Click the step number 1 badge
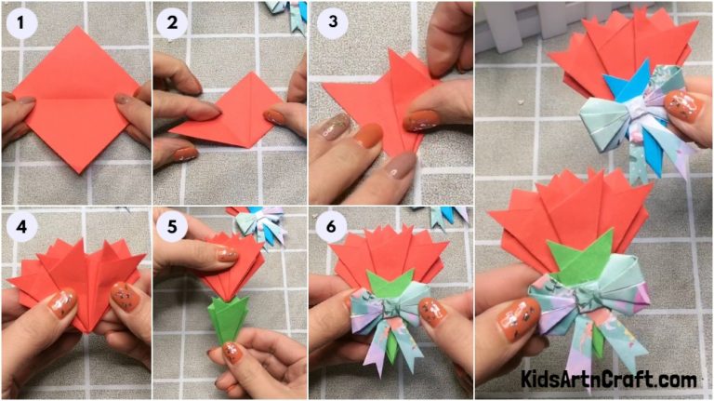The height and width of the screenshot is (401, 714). coord(20,24)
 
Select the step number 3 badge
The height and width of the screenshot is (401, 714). coord(326,24)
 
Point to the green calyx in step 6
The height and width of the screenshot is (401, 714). coord(390,283)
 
